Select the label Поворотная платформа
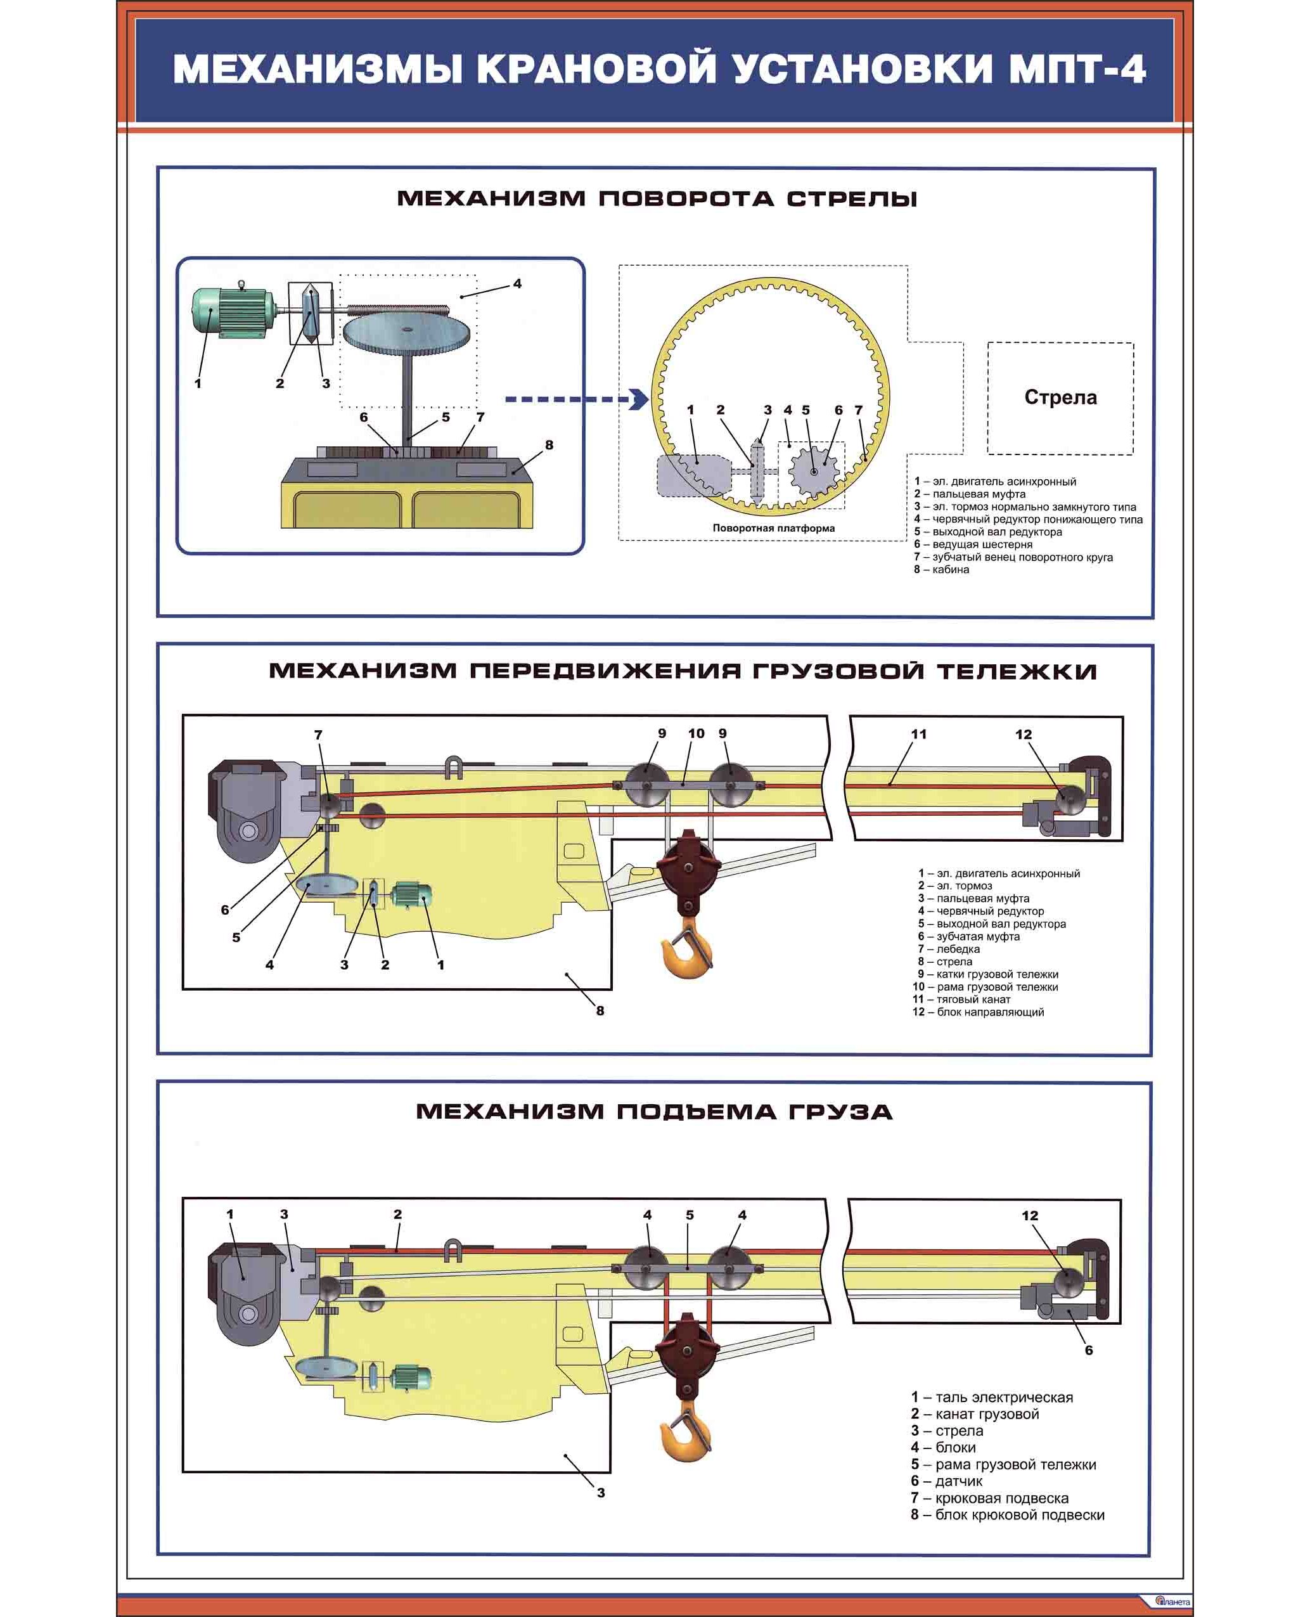coord(773,528)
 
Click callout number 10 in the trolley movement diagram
coord(696,733)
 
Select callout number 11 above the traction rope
coord(918,734)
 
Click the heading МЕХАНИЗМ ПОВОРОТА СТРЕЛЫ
coord(657,198)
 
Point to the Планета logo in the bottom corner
coord(1172,1601)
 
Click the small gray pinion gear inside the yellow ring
coord(814,471)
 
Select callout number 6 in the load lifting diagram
coord(1088,1350)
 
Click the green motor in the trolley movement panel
coord(411,895)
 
